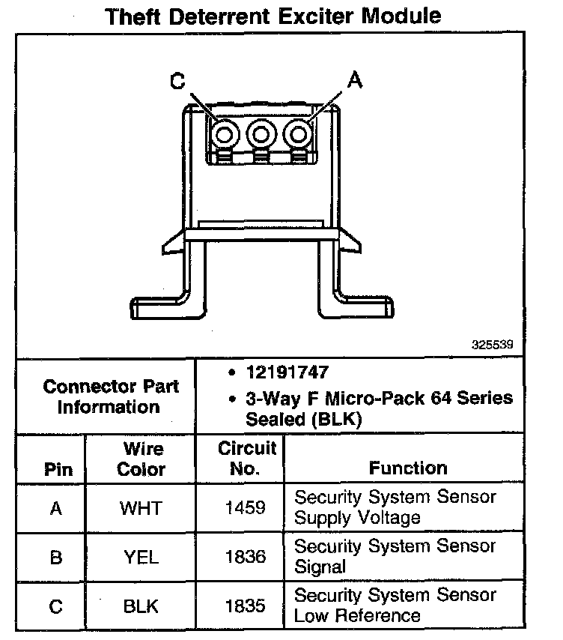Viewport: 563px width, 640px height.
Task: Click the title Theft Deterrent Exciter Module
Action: tap(273, 15)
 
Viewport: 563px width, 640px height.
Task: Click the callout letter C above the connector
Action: tap(177, 82)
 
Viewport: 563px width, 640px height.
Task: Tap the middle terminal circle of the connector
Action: tap(261, 134)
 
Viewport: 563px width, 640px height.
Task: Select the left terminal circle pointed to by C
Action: tap(224, 134)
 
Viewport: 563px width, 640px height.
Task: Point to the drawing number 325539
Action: tap(493, 346)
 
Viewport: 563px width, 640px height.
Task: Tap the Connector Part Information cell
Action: tap(111, 397)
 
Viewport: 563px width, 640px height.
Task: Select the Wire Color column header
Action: tap(141, 459)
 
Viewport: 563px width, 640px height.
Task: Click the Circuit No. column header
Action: tap(246, 459)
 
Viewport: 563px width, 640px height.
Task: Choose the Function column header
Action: tap(408, 468)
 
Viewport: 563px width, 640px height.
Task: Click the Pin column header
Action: tap(58, 470)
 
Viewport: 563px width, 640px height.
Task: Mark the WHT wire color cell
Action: tap(141, 508)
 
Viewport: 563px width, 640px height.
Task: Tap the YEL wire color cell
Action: tap(141, 558)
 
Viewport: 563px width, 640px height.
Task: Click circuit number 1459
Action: tap(246, 508)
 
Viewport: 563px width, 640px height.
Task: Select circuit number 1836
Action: tap(246, 558)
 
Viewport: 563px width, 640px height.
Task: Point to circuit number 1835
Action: tap(246, 606)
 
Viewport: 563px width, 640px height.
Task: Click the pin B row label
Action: tap(56, 558)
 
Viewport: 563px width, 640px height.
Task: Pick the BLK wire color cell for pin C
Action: tap(141, 606)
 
